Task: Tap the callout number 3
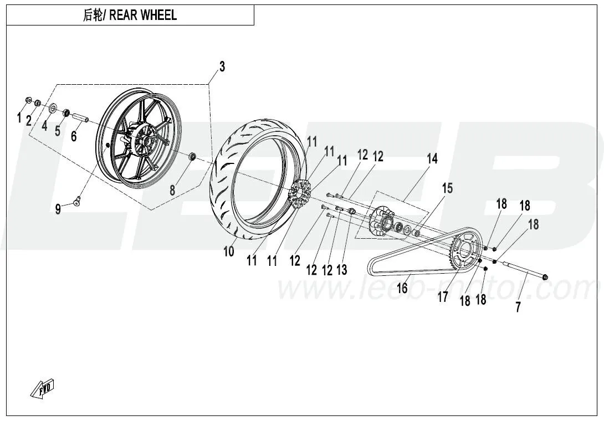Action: pos(222,67)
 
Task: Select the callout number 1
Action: pos(19,117)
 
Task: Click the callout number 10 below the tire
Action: pos(229,251)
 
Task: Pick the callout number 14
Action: pos(432,159)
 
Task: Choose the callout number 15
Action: pos(447,188)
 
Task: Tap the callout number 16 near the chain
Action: pos(402,287)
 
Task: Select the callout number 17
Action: pos(443,297)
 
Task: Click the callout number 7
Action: pos(518,307)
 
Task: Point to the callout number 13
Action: pos(342,270)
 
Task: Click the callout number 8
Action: pos(172,190)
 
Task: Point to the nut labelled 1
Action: pos(29,100)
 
